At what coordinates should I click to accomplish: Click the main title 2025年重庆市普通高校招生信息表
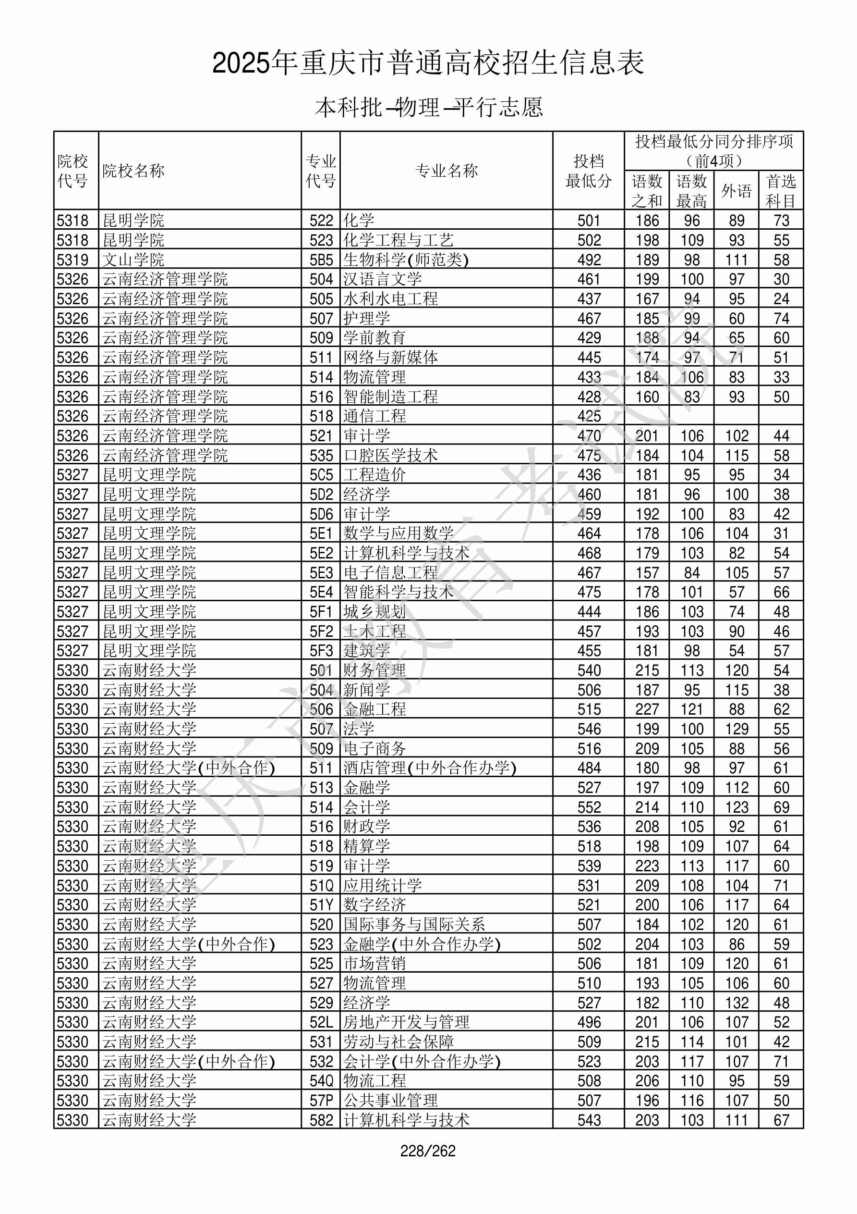click(428, 63)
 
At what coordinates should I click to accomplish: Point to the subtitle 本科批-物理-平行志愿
click(428, 107)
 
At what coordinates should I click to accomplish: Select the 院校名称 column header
click(133, 171)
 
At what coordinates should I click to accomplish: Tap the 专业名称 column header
click(447, 171)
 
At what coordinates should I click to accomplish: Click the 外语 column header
click(736, 191)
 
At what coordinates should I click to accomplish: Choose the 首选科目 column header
click(781, 191)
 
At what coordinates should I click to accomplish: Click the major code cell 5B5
click(321, 260)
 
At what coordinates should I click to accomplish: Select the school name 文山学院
click(133, 260)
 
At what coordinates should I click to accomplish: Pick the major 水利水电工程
click(391, 299)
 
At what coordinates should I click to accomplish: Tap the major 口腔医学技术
click(391, 455)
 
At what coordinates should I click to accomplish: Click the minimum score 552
click(589, 807)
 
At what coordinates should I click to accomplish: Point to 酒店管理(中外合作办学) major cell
click(430, 768)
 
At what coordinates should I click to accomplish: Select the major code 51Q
click(321, 885)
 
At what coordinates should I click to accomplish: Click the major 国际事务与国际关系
click(414, 924)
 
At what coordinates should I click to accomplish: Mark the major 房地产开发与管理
click(406, 1022)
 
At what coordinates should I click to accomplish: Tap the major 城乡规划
click(374, 612)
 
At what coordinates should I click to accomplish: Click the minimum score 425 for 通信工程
click(589, 416)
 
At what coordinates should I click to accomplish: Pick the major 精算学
click(367, 846)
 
